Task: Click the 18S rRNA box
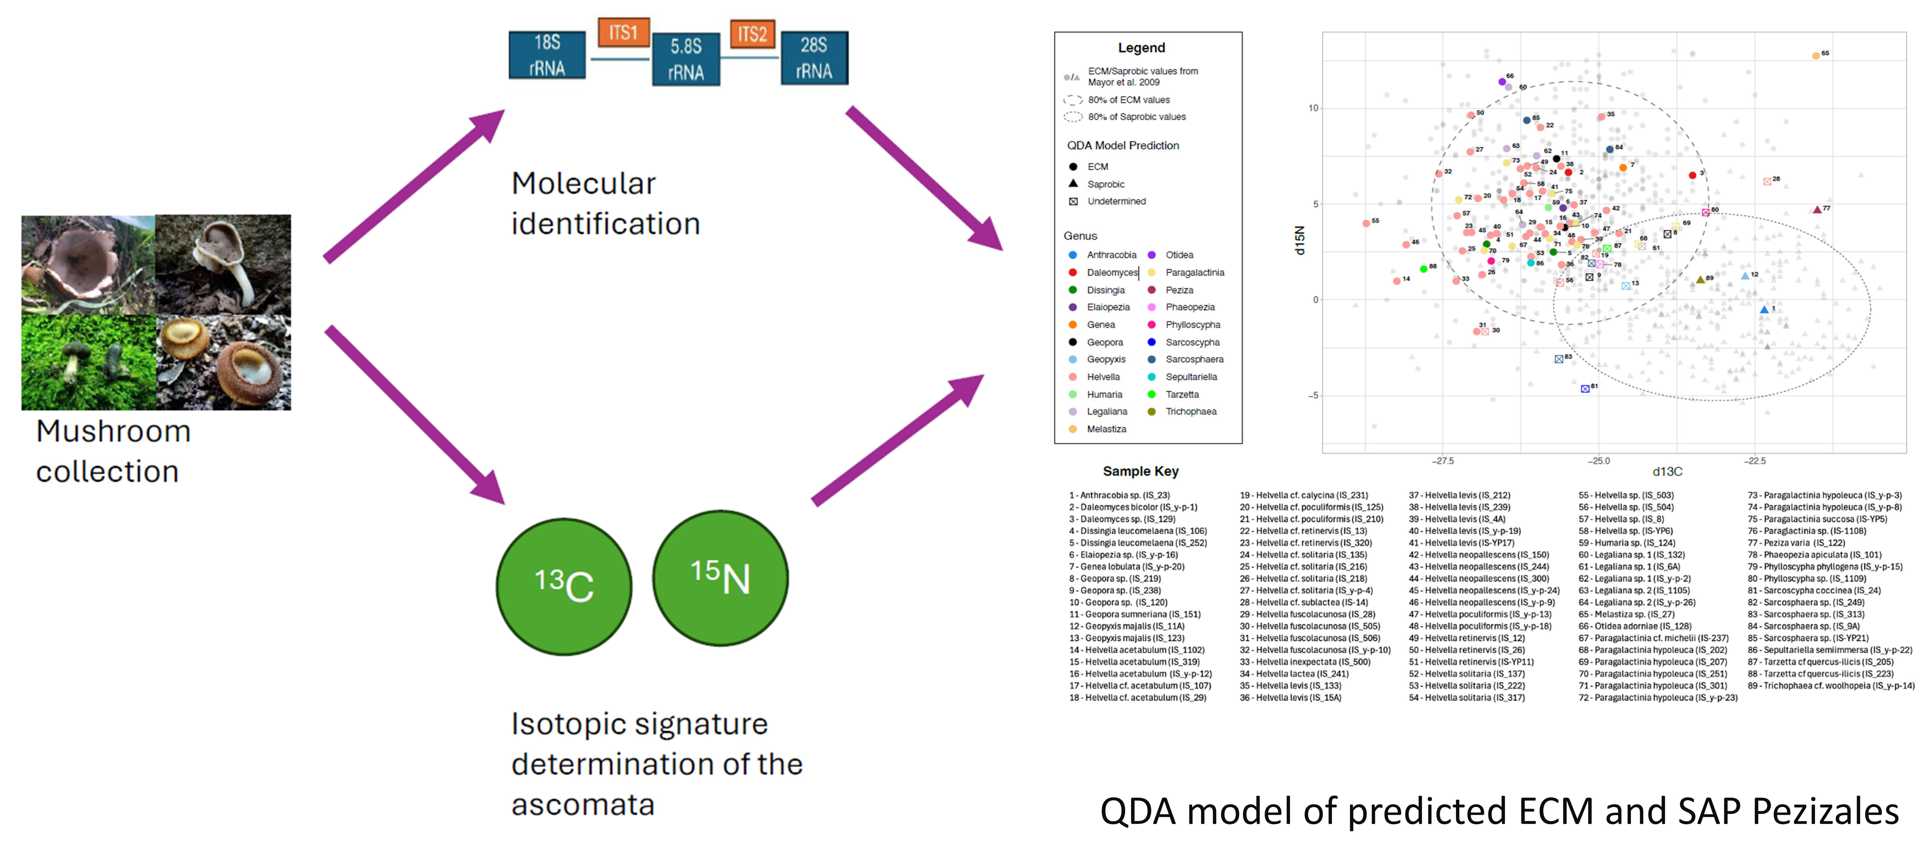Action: [546, 55]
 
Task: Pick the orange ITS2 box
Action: [752, 34]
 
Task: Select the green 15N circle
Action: [720, 577]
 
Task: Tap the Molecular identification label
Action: [605, 203]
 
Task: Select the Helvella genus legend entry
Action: [1103, 377]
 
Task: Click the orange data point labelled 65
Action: [1816, 56]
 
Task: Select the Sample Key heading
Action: [1140, 472]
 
